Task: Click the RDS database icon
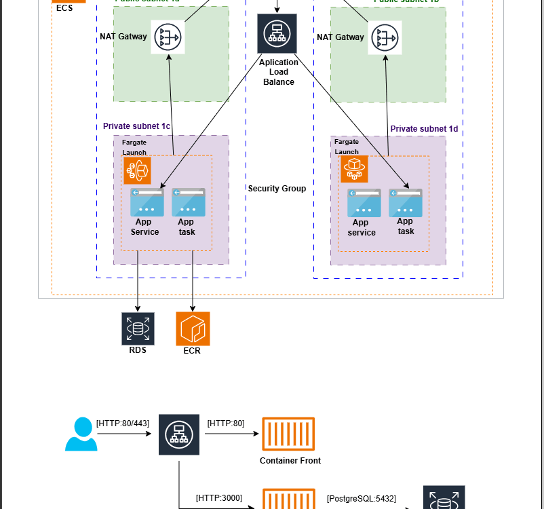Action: point(138,328)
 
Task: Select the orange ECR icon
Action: point(193,328)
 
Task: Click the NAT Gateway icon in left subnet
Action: point(168,37)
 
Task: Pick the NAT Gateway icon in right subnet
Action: point(385,37)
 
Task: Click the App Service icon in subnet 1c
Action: point(147,203)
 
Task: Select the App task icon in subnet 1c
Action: point(188,203)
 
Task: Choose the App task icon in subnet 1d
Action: point(405,203)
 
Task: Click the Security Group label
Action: point(277,189)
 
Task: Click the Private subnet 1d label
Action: point(424,128)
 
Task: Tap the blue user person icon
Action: point(81,434)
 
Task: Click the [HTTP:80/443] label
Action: point(123,423)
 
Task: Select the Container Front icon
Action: point(288,434)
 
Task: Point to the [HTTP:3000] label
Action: point(218,498)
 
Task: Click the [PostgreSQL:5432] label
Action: point(361,498)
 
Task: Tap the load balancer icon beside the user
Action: point(179,434)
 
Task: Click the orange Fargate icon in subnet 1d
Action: point(353,169)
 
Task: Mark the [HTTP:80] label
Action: point(225,423)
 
